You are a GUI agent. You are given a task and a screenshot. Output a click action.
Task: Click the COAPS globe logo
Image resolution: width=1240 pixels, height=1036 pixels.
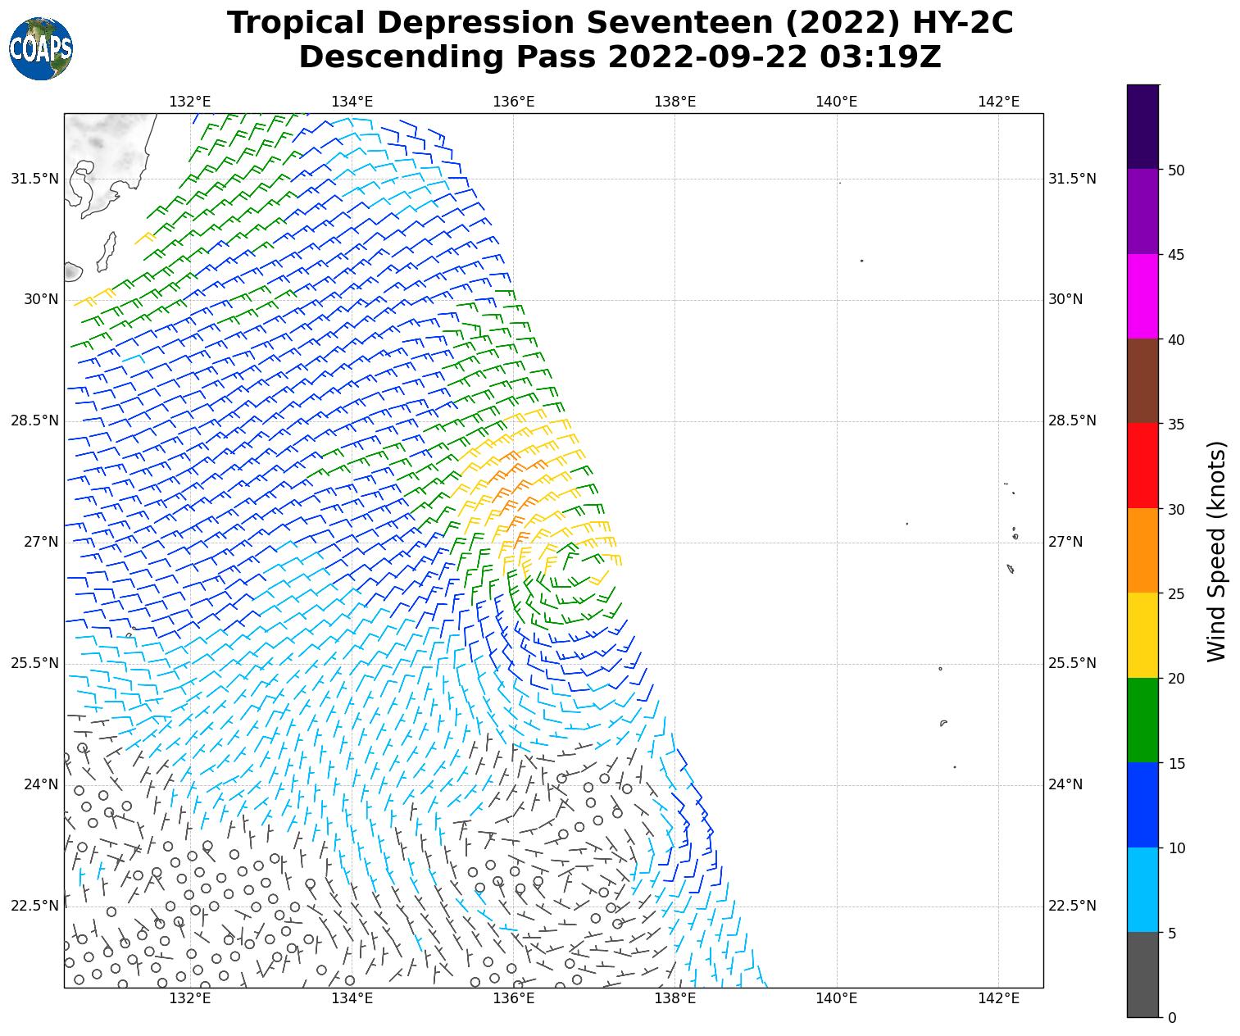[41, 49]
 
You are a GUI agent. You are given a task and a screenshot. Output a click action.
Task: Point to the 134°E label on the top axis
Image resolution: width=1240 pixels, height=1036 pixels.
[352, 102]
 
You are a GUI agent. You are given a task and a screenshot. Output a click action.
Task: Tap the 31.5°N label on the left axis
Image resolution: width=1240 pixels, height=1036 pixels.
[34, 179]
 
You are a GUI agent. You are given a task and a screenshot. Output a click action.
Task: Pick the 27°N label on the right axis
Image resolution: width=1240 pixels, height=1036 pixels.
[1065, 543]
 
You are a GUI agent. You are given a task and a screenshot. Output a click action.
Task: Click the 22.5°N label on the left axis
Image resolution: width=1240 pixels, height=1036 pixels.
[34, 906]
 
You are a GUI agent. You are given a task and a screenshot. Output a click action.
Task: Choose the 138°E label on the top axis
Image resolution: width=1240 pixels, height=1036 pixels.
[675, 102]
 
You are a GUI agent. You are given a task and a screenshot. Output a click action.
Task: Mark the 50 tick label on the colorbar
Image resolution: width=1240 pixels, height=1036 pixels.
[1176, 170]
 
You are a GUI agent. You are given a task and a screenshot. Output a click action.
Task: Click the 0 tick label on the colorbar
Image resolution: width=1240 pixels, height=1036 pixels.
[1172, 1018]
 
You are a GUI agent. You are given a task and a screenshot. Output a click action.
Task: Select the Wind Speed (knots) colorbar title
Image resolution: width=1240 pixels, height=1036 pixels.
[1217, 551]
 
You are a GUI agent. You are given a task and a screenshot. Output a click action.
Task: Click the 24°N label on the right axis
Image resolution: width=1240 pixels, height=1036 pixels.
[1065, 785]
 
